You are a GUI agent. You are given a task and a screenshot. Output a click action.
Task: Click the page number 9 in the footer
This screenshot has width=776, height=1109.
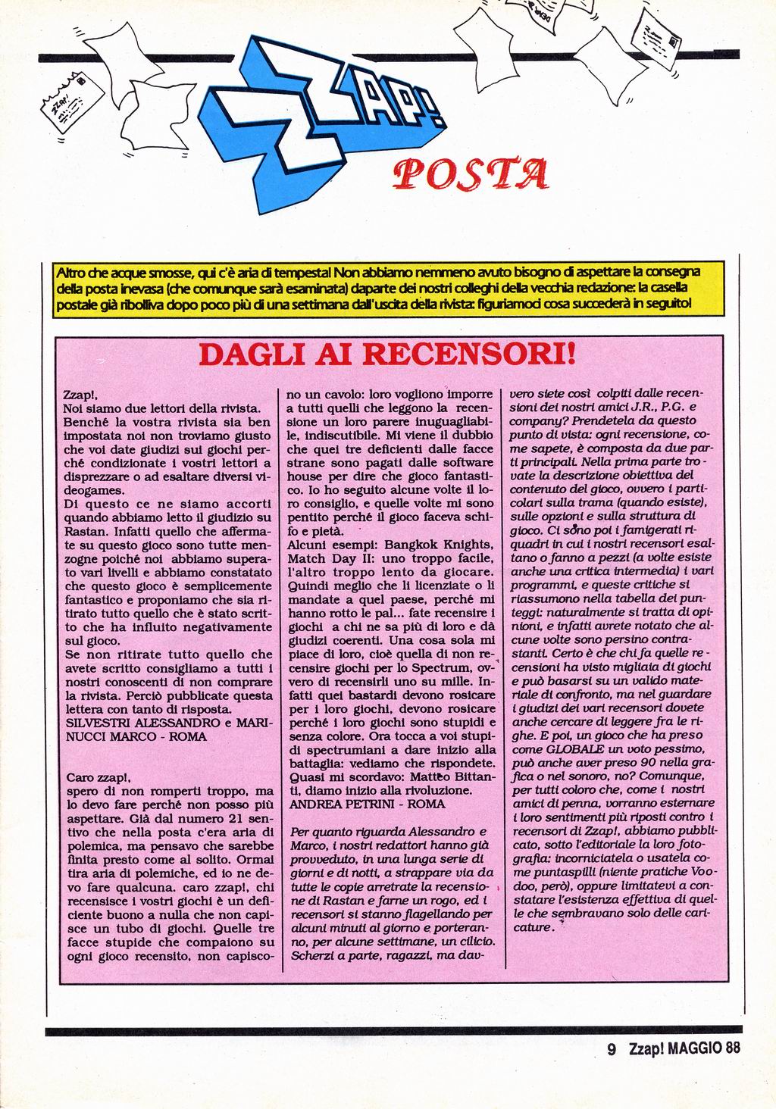tap(611, 1048)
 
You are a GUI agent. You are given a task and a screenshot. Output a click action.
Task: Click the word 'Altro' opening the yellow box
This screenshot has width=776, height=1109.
tap(72, 271)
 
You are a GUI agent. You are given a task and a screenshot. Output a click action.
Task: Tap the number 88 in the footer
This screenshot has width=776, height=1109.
tap(731, 1048)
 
